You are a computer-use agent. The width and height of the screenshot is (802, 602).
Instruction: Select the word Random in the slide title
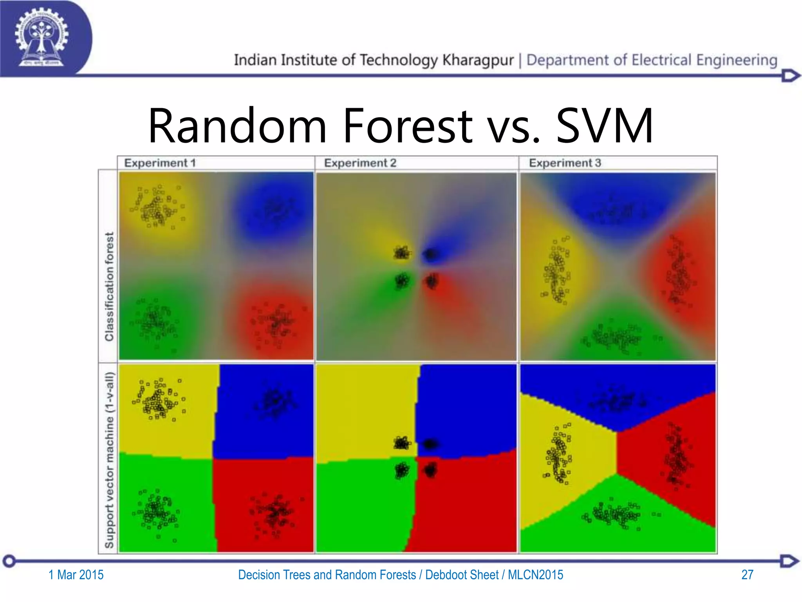(x=237, y=126)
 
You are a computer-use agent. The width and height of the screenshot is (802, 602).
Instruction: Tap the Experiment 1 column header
(x=160, y=163)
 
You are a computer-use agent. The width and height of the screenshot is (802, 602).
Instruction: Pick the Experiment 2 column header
(x=360, y=163)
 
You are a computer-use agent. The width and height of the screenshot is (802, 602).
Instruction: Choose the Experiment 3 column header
(x=565, y=163)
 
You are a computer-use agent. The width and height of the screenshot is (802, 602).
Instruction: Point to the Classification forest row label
(x=109, y=286)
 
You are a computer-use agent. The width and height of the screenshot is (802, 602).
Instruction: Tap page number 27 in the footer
(x=747, y=575)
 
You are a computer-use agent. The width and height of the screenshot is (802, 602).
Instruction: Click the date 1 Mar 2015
(x=76, y=575)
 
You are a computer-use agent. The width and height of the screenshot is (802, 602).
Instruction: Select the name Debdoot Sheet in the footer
(x=462, y=575)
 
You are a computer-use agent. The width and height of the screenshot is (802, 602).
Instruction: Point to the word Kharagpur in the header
(x=478, y=60)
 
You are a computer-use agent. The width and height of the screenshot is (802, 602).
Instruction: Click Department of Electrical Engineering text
(x=652, y=60)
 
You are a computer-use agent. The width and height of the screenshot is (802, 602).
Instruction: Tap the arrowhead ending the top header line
(x=790, y=76)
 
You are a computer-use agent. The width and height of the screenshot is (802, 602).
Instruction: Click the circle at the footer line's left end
(x=9, y=561)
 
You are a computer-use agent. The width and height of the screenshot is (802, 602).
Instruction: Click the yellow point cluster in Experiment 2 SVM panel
(x=401, y=443)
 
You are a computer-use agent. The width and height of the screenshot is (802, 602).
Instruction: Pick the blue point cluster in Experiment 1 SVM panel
(x=274, y=402)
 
